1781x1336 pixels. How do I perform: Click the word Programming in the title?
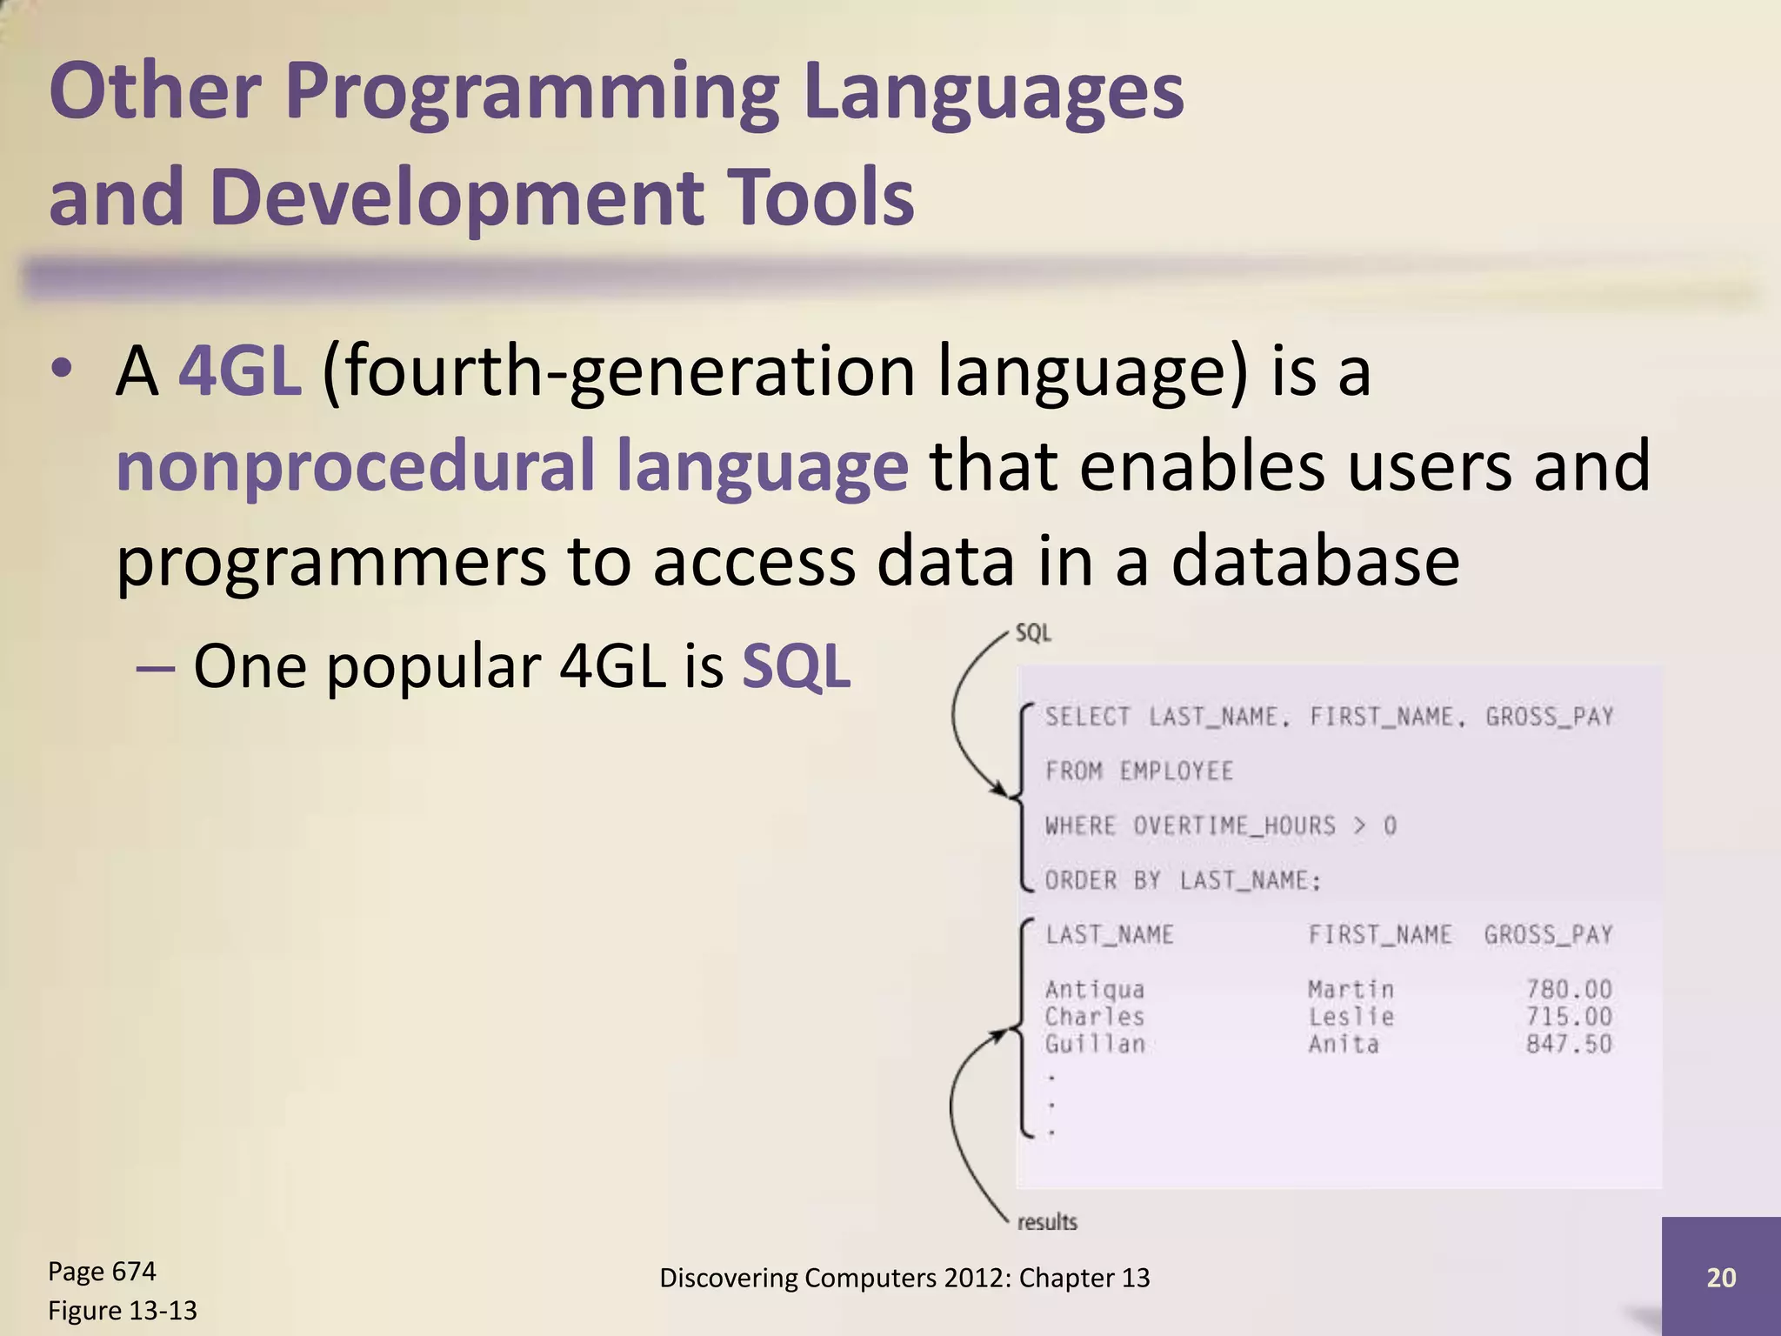point(530,92)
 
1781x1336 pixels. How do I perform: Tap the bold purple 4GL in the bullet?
point(240,371)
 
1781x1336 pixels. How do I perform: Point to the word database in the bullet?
point(1314,561)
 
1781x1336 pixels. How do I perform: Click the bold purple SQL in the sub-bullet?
point(796,667)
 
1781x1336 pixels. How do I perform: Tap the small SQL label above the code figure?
point(1033,633)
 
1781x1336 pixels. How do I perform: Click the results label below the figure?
point(1047,1222)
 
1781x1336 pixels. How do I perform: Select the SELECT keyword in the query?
point(1087,717)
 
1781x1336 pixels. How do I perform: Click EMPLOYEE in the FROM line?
point(1176,772)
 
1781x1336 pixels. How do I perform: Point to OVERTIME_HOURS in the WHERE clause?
point(1234,825)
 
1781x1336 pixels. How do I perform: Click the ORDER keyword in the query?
point(1081,880)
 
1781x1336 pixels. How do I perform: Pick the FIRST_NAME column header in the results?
point(1380,935)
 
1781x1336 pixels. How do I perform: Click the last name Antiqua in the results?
point(1095,990)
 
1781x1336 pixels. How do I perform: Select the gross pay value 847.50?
point(1569,1044)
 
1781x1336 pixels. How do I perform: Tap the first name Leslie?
point(1351,1017)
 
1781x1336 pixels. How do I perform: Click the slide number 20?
point(1721,1277)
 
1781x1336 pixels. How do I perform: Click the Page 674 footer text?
point(102,1272)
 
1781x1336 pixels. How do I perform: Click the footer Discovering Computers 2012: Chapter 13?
point(904,1278)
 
